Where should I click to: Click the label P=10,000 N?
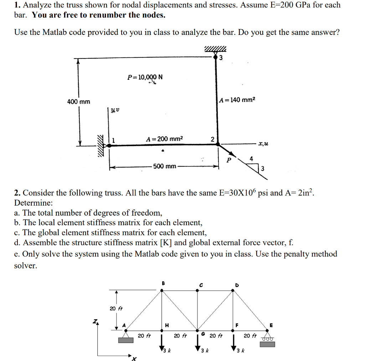[145, 77]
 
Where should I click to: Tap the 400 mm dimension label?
[79, 102]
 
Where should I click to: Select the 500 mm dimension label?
[164, 166]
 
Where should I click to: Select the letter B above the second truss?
[164, 283]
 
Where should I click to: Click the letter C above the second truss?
[201, 285]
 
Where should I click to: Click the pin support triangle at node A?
[126, 335]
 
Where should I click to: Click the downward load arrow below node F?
[233, 342]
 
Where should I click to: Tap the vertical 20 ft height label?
[115, 308]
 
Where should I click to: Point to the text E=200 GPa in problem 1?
[297, 5]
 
